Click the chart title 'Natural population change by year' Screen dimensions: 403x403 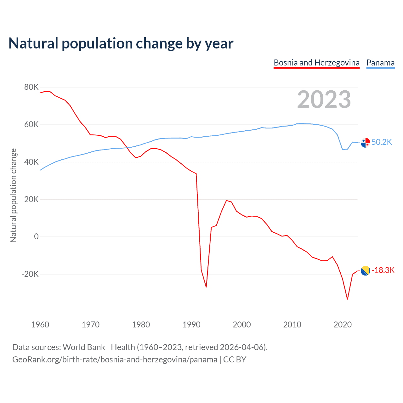tap(121, 43)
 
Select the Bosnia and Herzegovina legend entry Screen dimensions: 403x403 tap(316, 63)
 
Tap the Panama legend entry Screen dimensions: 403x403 tap(380, 63)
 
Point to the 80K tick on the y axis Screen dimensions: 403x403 tap(31, 87)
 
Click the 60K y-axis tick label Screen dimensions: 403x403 tap(31, 125)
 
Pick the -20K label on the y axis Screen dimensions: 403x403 tap(30, 274)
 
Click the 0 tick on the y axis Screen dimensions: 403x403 tap(36, 237)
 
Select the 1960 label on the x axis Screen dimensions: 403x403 tap(40, 325)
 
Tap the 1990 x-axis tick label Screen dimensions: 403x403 tap(191, 325)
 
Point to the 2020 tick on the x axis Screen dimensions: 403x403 tap(343, 325)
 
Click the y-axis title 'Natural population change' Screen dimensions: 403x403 tap(14, 196)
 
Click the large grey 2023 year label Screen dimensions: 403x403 tap(324, 99)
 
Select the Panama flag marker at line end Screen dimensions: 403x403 tap(365, 143)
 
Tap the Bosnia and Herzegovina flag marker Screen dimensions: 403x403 tap(365, 270)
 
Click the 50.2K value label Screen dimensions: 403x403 tap(382, 142)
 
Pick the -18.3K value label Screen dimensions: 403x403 tap(383, 270)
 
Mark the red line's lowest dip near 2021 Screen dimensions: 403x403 tap(347, 299)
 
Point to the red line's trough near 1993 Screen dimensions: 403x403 tap(206, 287)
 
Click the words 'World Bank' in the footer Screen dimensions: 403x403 tap(84, 347)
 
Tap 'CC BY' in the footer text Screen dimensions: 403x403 tap(235, 360)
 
